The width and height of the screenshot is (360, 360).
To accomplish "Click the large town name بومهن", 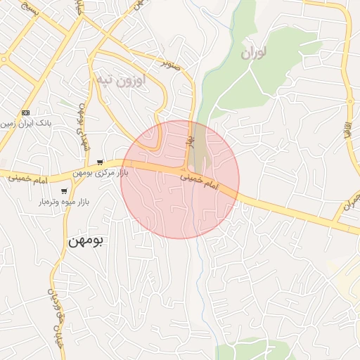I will [85, 240].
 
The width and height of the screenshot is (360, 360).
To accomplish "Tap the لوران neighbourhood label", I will [255, 53].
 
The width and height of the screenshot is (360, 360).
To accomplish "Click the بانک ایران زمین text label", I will [26, 123].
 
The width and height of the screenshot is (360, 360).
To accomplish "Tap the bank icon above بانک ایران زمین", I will [26, 112].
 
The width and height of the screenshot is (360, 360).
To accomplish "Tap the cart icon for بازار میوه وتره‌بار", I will [65, 191].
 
